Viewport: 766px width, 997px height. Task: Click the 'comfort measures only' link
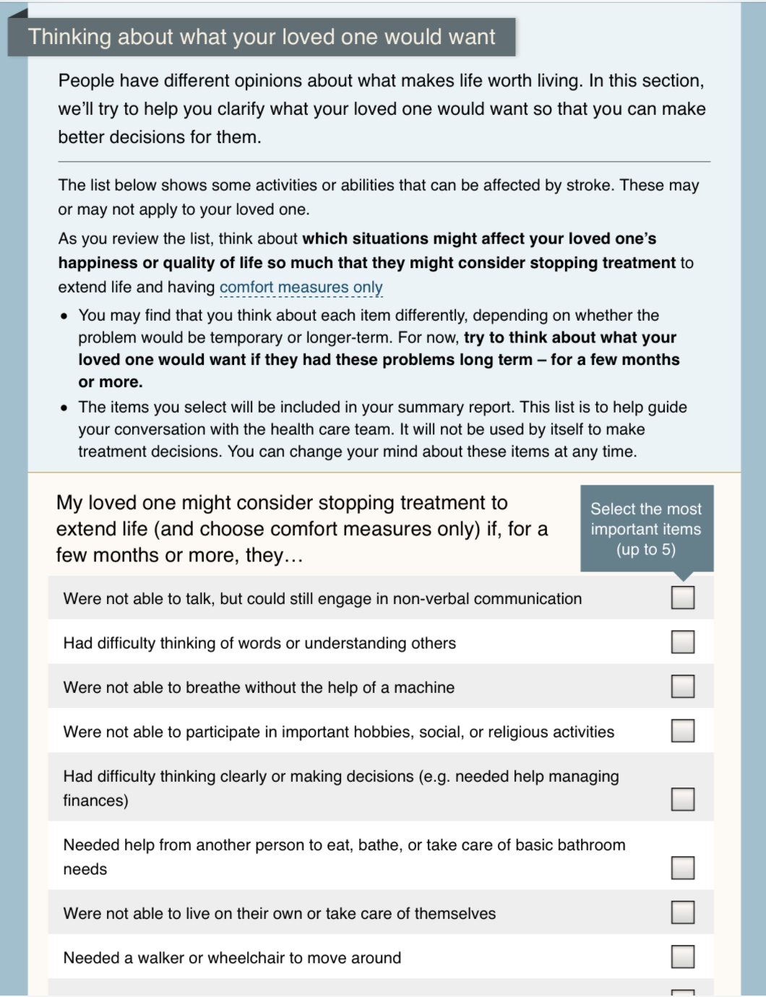click(301, 288)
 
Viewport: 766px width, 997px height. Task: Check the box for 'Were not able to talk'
click(683, 597)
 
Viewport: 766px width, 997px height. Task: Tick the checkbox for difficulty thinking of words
click(683, 642)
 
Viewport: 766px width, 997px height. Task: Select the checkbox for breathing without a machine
click(683, 686)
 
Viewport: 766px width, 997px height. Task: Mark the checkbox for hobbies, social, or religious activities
click(683, 730)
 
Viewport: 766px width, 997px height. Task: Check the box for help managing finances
click(683, 799)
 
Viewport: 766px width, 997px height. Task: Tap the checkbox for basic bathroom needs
click(683, 867)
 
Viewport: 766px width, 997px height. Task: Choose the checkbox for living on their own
click(683, 912)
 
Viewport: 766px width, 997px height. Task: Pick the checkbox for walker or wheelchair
click(683, 957)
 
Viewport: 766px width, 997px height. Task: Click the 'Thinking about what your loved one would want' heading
click(262, 37)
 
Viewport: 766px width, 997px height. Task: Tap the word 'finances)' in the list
click(95, 800)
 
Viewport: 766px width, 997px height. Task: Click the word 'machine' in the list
click(424, 688)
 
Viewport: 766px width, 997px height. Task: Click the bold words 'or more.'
click(111, 382)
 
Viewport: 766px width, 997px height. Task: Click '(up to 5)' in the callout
click(646, 550)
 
